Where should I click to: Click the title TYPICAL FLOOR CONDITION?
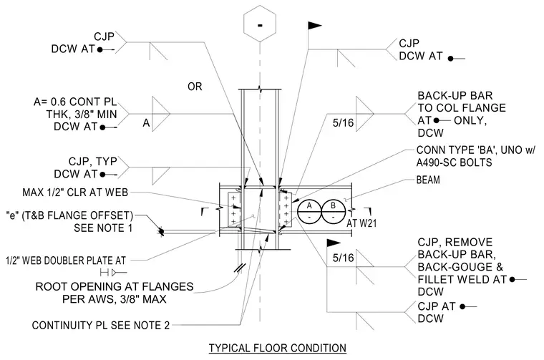click(x=278, y=348)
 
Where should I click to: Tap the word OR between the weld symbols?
click(x=195, y=87)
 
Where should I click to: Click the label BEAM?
click(x=428, y=180)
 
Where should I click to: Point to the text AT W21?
click(x=361, y=223)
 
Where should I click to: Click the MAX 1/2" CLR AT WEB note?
click(x=75, y=192)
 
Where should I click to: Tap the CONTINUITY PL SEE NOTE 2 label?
click(x=101, y=326)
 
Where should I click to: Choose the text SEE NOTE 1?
click(x=103, y=228)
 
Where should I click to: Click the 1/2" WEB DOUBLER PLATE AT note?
click(x=66, y=261)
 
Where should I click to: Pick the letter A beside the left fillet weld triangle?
click(x=147, y=123)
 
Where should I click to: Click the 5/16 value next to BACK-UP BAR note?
click(x=343, y=123)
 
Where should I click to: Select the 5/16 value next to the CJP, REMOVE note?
click(x=343, y=258)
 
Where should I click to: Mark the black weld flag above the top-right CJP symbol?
click(x=314, y=25)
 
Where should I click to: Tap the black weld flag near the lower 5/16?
click(x=333, y=243)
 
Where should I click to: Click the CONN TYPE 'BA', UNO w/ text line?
click(x=476, y=150)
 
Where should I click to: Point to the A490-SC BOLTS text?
click(x=454, y=162)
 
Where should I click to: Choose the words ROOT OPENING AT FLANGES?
click(x=115, y=286)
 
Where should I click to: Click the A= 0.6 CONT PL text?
click(x=75, y=102)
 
